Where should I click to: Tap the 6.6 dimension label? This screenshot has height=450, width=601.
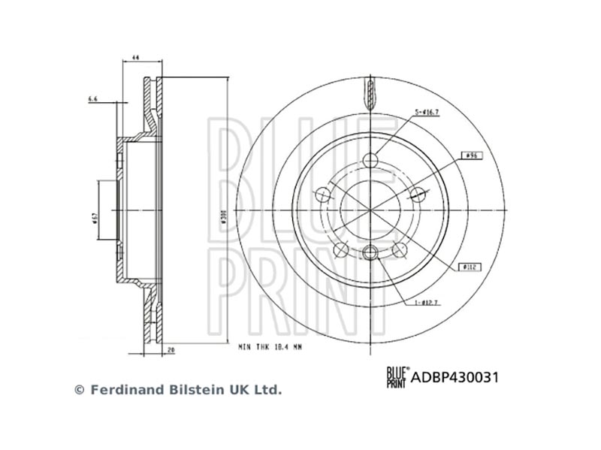point(93,98)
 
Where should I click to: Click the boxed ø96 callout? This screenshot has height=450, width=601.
point(473,155)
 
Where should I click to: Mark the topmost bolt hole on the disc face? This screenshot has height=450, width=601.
point(370,160)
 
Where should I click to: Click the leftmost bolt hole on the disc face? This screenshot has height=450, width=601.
point(323,195)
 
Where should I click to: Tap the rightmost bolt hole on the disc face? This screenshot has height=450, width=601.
point(418,195)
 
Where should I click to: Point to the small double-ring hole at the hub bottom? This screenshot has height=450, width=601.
point(370,252)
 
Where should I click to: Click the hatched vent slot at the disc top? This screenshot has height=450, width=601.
point(370,94)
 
